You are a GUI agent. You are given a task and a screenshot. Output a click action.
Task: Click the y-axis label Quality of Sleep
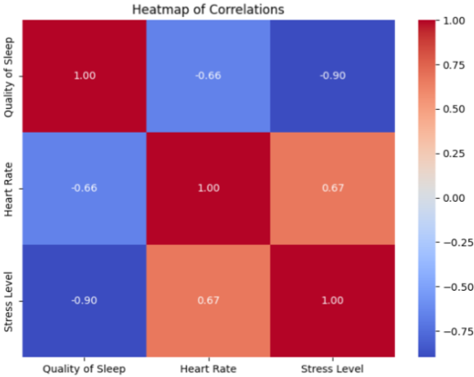pyautogui.click(x=9, y=76)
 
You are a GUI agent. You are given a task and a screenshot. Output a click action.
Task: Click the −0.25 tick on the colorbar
pyautogui.click(x=455, y=242)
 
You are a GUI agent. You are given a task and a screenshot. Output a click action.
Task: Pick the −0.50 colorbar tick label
pyautogui.click(x=455, y=287)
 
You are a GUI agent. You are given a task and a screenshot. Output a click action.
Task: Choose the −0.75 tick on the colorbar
pyautogui.click(x=455, y=331)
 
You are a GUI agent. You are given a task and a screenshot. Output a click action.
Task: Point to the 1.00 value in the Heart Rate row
pyautogui.click(x=208, y=188)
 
